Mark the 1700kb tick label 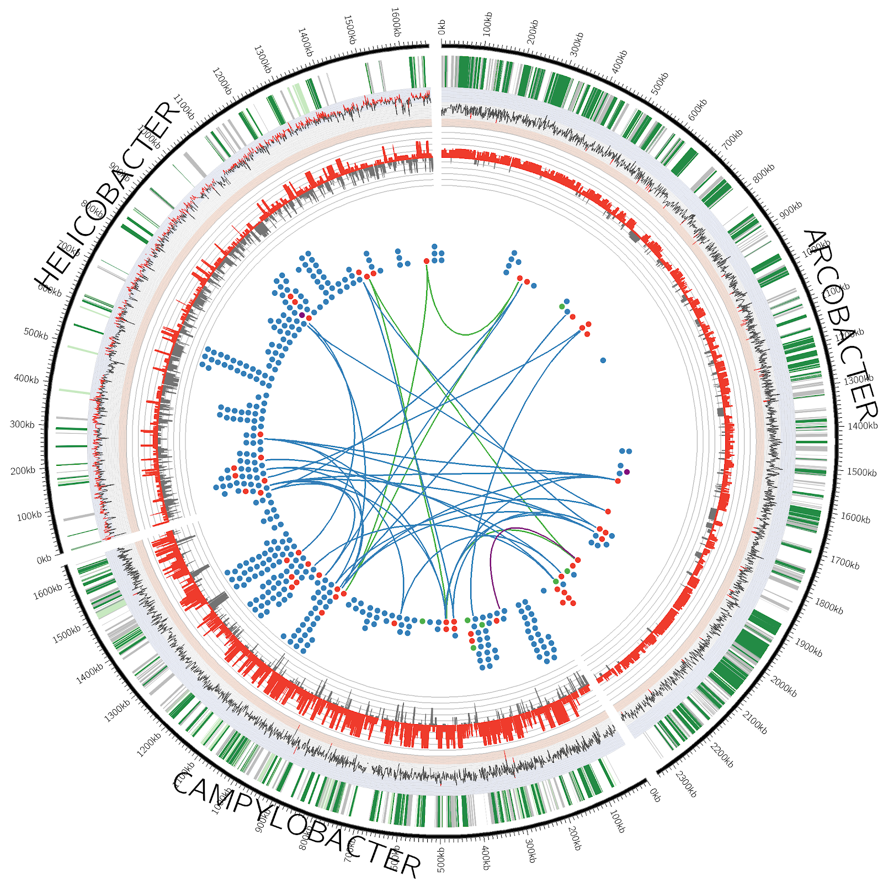[x=845, y=562]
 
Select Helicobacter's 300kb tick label [x=22, y=424]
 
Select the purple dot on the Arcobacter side [x=626, y=472]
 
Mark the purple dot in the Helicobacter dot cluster [x=302, y=315]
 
